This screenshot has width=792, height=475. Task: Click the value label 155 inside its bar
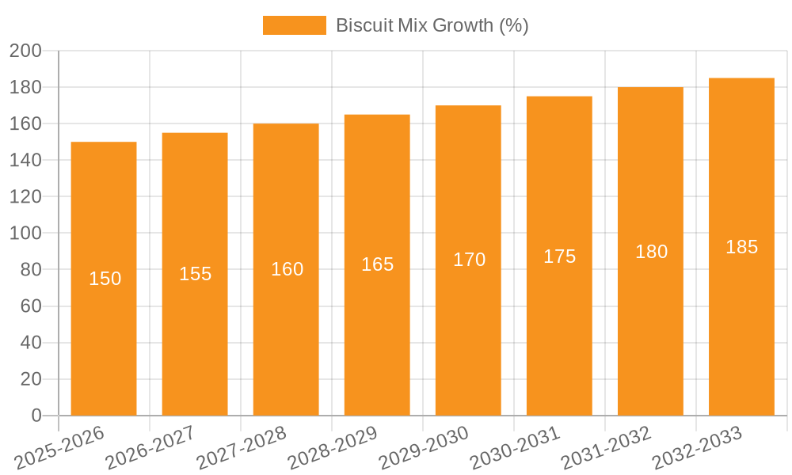(195, 274)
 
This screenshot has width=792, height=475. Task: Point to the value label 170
(469, 260)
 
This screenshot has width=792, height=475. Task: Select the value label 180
(651, 252)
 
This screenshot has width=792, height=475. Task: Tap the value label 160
(287, 269)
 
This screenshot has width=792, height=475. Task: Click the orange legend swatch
(294, 25)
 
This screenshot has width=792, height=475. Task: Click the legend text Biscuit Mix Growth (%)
(432, 25)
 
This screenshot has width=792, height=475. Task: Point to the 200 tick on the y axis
(25, 51)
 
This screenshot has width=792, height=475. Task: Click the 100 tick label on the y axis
(25, 234)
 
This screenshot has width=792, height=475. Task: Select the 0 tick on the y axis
(36, 416)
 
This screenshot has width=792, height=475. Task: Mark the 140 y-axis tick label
(25, 161)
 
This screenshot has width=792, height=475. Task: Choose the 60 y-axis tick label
(30, 306)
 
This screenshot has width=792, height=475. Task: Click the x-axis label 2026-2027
(150, 448)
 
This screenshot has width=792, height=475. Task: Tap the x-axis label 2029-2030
(424, 448)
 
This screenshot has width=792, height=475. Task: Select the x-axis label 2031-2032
(606, 448)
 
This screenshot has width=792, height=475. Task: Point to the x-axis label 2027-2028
(242, 448)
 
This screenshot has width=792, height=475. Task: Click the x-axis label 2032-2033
(697, 448)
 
